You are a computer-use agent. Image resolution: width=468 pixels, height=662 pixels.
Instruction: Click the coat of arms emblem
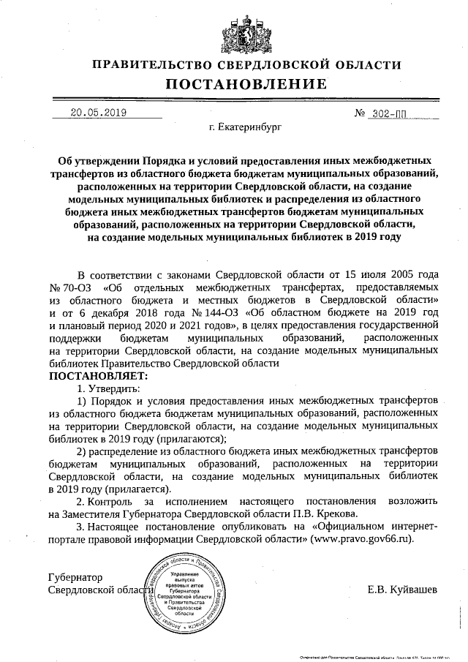point(234,29)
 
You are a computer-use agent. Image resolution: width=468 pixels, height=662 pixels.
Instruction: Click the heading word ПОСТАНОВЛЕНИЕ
point(234,86)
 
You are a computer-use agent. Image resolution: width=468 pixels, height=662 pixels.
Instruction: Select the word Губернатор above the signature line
point(75,577)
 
